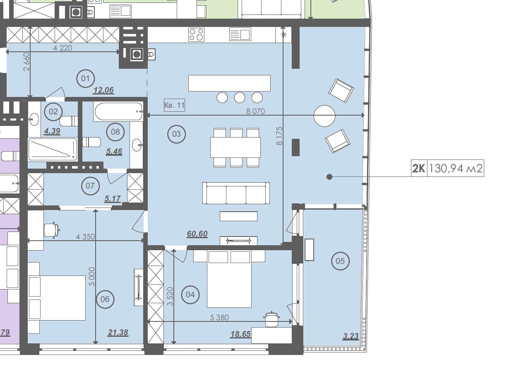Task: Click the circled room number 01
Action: point(86,79)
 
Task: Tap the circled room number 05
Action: point(340,261)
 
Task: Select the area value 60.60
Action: point(197,234)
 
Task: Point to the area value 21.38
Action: point(118,332)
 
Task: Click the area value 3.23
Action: point(351,336)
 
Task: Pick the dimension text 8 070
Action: point(255,111)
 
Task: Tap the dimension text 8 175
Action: point(279,136)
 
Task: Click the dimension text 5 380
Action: point(219,318)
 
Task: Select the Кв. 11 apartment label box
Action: point(174,105)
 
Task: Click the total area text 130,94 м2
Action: point(456,168)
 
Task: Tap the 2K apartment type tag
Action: point(419,168)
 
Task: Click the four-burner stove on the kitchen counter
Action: point(196,35)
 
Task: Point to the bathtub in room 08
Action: point(118,111)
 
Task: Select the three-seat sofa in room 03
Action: point(236,193)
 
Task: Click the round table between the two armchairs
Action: point(324,116)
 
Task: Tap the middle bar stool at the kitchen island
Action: point(240,98)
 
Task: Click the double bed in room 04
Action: point(229,279)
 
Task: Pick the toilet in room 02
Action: point(69,121)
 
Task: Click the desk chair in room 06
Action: point(52,229)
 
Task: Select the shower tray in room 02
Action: point(53,149)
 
